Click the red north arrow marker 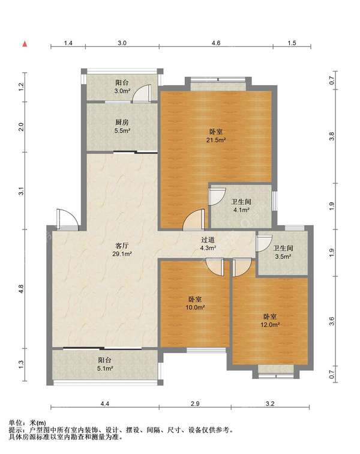pos(25,44)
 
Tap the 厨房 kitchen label pos(122,123)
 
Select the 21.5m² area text pos(216,140)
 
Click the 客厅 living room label pos(122,246)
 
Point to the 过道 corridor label pos(208,240)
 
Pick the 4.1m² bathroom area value pos(241,210)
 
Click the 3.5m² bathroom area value pos(283,256)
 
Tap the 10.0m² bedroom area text pos(196,307)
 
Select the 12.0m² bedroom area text pos(270,324)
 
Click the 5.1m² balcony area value pos(105,368)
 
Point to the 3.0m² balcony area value pos(122,91)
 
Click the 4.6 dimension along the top pos(216,43)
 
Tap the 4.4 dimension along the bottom pos(105,404)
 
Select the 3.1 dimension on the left pos(21,192)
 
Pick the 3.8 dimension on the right pos(332,136)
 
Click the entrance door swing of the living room pos(67,219)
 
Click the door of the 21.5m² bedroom pos(194,220)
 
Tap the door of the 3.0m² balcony pos(142,93)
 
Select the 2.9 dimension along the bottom pos(196,404)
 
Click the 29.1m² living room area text pos(122,254)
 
